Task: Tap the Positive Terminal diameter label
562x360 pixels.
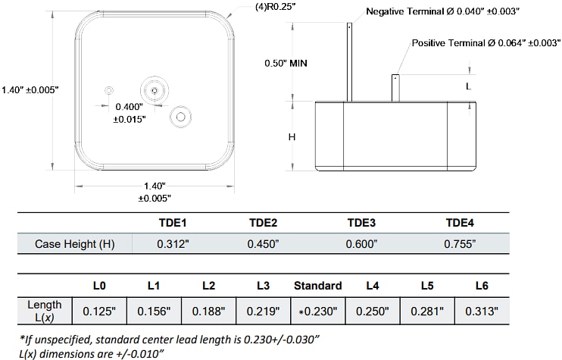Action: click(485, 43)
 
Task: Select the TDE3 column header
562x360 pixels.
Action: click(361, 223)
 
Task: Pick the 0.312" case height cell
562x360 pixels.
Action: click(171, 244)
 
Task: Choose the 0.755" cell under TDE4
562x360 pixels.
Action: click(459, 244)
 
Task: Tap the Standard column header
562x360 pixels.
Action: click(317, 286)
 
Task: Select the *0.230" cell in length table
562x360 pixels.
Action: click(317, 311)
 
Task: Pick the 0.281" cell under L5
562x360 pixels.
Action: click(426, 311)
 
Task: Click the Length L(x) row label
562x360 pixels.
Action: click(45, 311)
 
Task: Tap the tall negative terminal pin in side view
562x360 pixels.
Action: click(349, 61)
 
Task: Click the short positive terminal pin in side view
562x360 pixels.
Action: click(395, 87)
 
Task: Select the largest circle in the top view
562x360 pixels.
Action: click(155, 90)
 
